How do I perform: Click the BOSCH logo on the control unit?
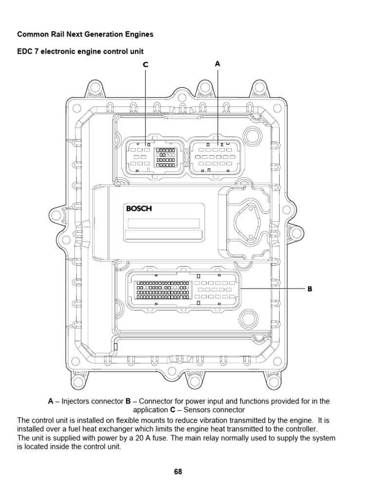click(x=139, y=209)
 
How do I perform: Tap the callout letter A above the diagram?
click(x=218, y=64)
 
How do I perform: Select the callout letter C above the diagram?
click(x=145, y=65)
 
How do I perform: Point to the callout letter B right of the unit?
click(x=309, y=289)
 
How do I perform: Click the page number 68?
click(x=178, y=472)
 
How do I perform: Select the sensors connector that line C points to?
click(x=154, y=156)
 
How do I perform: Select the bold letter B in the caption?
click(x=128, y=402)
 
